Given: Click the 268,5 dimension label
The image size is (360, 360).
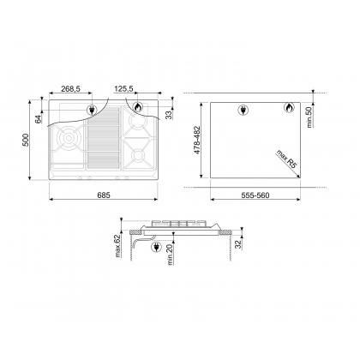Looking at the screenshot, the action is (x=70, y=89).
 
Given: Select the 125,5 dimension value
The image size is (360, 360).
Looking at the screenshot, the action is (x=123, y=89).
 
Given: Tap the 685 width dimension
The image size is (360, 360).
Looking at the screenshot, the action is (x=104, y=195).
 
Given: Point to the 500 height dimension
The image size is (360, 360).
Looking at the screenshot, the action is (x=26, y=140).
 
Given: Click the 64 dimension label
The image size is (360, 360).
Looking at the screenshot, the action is (x=39, y=119).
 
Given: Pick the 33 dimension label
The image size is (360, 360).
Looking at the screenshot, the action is (x=169, y=115).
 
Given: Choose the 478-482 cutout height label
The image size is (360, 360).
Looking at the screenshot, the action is (x=197, y=140).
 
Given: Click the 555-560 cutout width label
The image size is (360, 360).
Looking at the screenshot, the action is (x=255, y=195).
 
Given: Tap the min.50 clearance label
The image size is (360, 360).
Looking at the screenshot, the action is (x=309, y=117).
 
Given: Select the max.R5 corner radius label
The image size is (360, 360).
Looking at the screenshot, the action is (x=286, y=159).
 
